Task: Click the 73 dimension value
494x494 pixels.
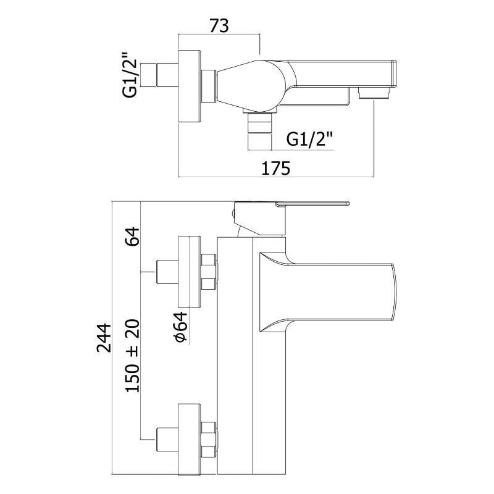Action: [x=219, y=25]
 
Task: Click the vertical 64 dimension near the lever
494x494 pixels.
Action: [x=132, y=237]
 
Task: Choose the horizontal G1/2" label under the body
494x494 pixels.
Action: [x=310, y=140]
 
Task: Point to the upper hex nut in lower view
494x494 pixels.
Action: [x=208, y=272]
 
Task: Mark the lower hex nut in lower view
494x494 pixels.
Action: [x=208, y=439]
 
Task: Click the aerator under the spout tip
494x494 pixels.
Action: [x=374, y=93]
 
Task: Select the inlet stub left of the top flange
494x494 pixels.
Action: [x=166, y=76]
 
